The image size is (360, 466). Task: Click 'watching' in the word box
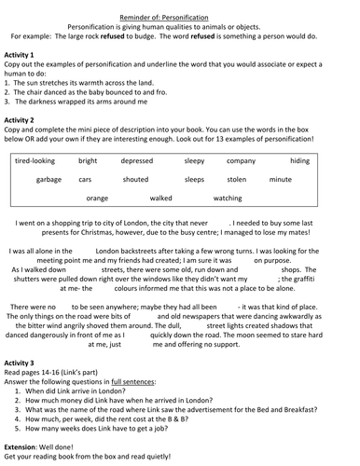point(227,198)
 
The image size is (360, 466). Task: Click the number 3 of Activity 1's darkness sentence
point(7,101)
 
